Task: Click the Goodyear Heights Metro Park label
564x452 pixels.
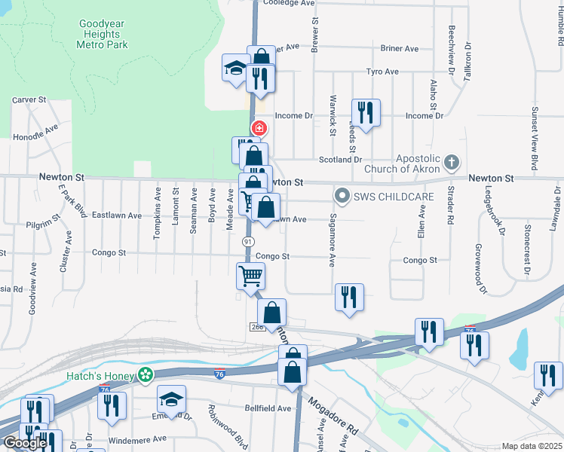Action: pyautogui.click(x=103, y=34)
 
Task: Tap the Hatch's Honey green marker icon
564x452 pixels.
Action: pyautogui.click(x=145, y=374)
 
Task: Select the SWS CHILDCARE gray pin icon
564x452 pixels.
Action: pyautogui.click(x=342, y=197)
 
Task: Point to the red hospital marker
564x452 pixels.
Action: pyautogui.click(x=259, y=129)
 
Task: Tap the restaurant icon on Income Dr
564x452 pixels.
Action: pyautogui.click(x=366, y=113)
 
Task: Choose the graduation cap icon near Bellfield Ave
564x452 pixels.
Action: pyautogui.click(x=172, y=399)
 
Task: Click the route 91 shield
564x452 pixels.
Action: pyautogui.click(x=247, y=241)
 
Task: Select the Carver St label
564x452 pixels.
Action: pyautogui.click(x=29, y=99)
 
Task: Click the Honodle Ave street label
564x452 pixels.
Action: pyautogui.click(x=35, y=133)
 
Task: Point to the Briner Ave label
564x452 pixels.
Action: pyautogui.click(x=400, y=49)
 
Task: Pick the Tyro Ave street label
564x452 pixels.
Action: pyautogui.click(x=382, y=72)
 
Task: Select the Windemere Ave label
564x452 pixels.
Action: pyautogui.click(x=138, y=438)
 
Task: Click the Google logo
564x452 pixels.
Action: pyautogui.click(x=24, y=443)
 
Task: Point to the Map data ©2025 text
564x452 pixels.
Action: pyautogui.click(x=532, y=446)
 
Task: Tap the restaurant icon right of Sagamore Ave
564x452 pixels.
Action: pyautogui.click(x=349, y=297)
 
